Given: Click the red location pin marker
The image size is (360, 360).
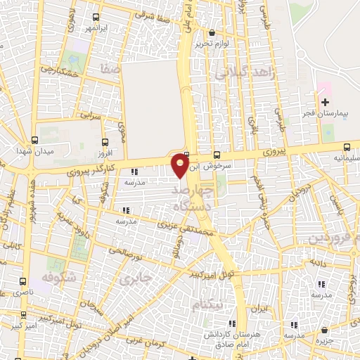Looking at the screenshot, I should pos(181,165).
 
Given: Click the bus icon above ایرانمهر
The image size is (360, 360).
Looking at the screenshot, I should pos(95,17).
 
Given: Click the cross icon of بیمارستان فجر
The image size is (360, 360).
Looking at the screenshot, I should pos(324,103).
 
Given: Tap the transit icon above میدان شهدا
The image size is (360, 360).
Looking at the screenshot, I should pos(34,140).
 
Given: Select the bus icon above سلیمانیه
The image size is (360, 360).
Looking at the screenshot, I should pos(347,147).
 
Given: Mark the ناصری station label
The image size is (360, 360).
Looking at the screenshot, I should pos(21,291).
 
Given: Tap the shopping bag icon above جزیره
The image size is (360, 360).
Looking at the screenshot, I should pos(323,330).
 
